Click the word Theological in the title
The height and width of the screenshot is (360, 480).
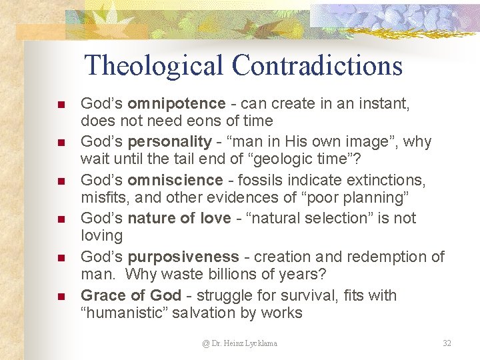point(155,66)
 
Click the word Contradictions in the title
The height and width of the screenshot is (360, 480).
point(317,66)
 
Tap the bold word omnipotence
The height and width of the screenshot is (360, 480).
point(177,103)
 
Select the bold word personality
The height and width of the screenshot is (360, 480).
point(169,142)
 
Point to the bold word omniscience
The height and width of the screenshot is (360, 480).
point(175,180)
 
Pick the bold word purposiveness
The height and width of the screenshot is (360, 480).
point(183,257)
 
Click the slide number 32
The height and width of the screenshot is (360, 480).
point(447,343)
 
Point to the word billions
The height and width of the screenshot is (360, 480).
point(217,274)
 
